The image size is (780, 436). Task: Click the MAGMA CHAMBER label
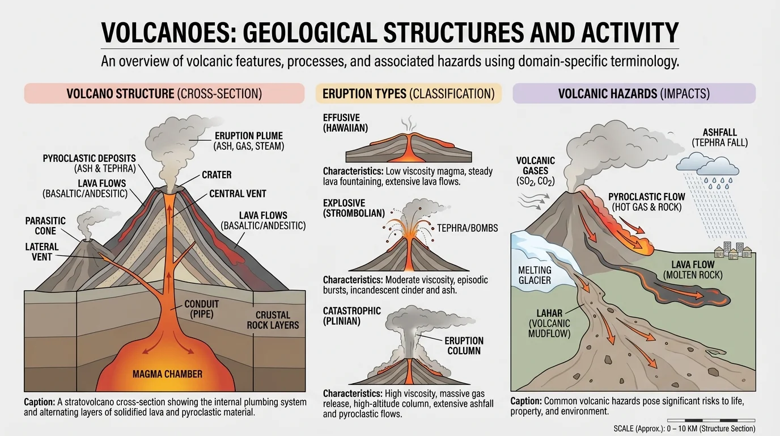point(167,374)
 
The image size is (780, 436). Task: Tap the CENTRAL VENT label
point(238,194)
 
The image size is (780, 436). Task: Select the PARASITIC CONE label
point(45,225)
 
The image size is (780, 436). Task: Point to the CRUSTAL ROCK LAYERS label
point(273,320)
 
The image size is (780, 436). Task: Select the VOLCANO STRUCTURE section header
point(164,94)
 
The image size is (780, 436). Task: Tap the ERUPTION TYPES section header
point(409,94)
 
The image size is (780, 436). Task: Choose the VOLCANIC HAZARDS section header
point(634,94)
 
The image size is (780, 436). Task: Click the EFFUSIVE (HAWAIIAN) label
point(345,123)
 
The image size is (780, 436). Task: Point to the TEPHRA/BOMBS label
point(468,228)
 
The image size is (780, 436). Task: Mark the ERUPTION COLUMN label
point(464,345)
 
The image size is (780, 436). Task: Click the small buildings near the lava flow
point(734,251)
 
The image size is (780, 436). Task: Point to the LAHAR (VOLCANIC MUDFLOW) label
point(548,323)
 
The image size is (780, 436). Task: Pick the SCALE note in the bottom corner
point(684,429)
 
